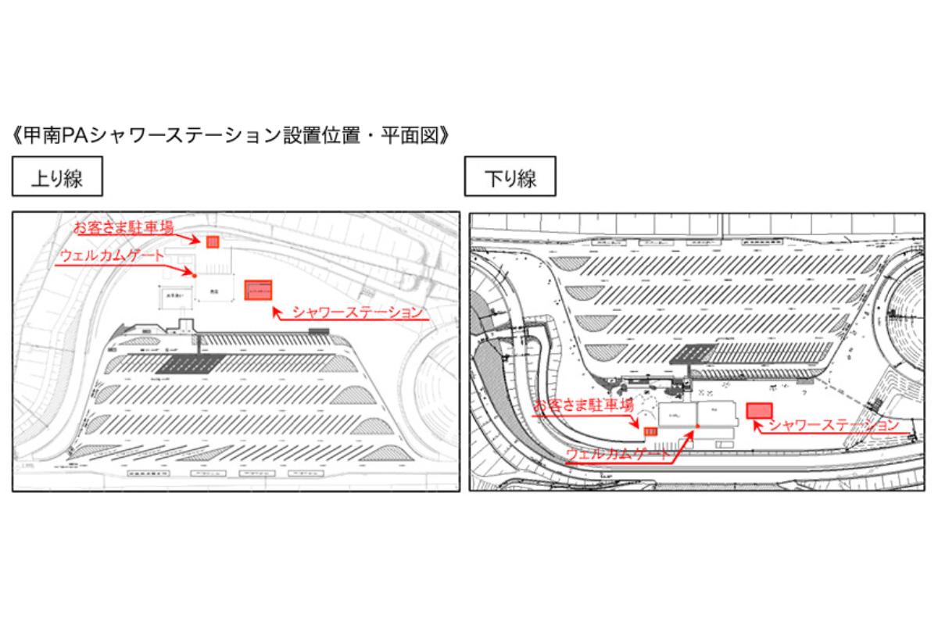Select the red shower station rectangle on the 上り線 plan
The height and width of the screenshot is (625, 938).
(258, 291)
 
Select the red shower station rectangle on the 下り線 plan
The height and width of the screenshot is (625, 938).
(759, 410)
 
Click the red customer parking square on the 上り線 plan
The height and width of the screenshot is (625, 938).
(212, 241)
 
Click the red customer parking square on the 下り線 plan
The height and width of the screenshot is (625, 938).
(649, 430)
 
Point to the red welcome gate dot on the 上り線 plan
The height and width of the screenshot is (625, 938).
(194, 274)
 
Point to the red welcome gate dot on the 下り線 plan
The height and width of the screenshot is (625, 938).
(697, 427)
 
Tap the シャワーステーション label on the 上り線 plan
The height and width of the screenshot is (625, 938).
(356, 312)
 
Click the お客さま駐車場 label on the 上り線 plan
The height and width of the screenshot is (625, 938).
(124, 227)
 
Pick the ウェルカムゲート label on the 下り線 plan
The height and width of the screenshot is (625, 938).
(618, 453)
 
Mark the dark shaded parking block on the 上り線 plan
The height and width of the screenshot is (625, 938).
(189, 363)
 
